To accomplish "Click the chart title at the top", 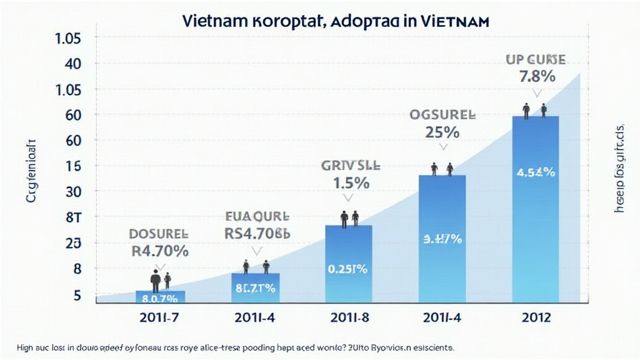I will point(336,20).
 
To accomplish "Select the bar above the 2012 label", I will point(535,212).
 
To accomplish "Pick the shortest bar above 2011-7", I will point(160,297).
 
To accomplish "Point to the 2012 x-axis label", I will point(535,317).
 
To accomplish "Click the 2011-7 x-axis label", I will point(160,317).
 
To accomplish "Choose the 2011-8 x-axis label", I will point(348,317).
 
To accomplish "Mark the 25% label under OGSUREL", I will point(442,132).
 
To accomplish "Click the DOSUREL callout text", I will point(158,234).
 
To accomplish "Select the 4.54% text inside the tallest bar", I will point(536,172).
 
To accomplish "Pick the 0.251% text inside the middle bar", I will point(348,269).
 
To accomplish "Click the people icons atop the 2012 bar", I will point(534,111).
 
